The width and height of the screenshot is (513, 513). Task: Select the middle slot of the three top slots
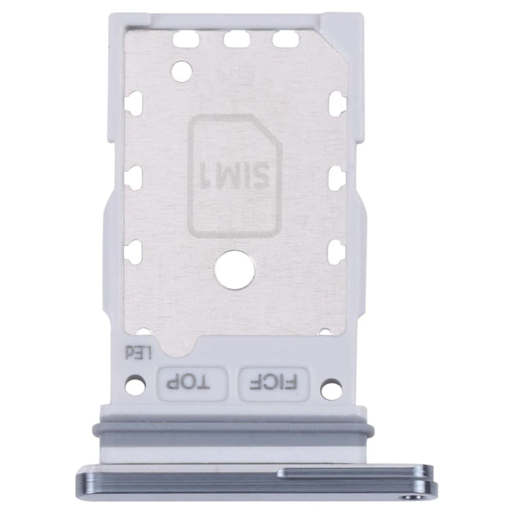[237, 38]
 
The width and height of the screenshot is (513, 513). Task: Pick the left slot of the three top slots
[188, 38]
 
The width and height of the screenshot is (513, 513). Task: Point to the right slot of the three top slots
[285, 38]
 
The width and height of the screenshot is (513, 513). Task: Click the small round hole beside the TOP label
[135, 383]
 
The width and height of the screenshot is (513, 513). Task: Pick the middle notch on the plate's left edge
[133, 178]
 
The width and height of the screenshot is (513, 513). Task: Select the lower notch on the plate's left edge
[133, 253]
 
